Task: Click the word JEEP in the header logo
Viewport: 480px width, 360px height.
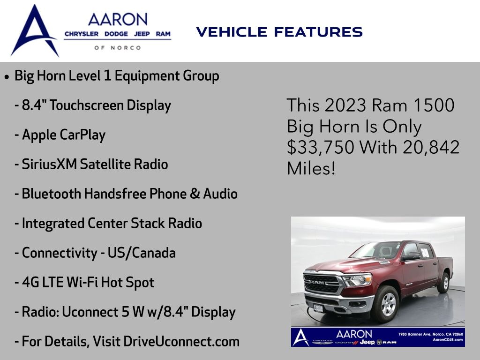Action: click(x=142, y=34)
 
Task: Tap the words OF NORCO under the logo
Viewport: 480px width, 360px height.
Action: click(x=118, y=48)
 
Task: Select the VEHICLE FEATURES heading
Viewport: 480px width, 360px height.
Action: click(x=279, y=32)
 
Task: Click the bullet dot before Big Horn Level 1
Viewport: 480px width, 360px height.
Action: click(x=7, y=76)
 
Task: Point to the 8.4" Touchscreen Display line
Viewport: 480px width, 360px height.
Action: click(x=93, y=105)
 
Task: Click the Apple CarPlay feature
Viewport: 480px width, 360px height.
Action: click(x=60, y=135)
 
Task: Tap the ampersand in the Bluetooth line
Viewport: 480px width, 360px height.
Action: click(x=195, y=194)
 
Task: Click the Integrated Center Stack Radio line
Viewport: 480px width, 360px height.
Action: click(x=108, y=224)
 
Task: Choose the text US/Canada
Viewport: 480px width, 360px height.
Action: click(x=142, y=253)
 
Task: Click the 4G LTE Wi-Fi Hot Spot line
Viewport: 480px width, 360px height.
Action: click(x=84, y=283)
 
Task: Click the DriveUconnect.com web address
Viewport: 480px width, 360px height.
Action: click(x=181, y=342)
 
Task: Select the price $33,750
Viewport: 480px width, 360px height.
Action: click(x=320, y=148)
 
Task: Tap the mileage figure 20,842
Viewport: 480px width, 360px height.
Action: click(x=431, y=147)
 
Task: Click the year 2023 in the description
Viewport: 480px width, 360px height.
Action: click(x=345, y=105)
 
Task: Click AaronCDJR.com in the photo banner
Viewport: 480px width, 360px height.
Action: click(x=448, y=339)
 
